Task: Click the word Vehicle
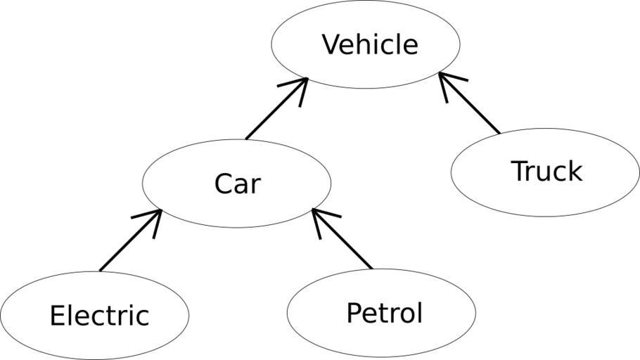[370, 44]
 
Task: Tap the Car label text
[237, 184]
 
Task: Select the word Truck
[546, 171]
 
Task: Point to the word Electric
[99, 315]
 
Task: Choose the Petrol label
[384, 312]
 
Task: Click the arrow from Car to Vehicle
[276, 108]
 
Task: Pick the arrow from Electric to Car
[131, 240]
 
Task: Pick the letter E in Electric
[56, 315]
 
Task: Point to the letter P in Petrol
[354, 312]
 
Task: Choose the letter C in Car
[223, 184]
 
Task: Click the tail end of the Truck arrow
[499, 132]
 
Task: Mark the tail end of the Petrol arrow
[371, 268]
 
